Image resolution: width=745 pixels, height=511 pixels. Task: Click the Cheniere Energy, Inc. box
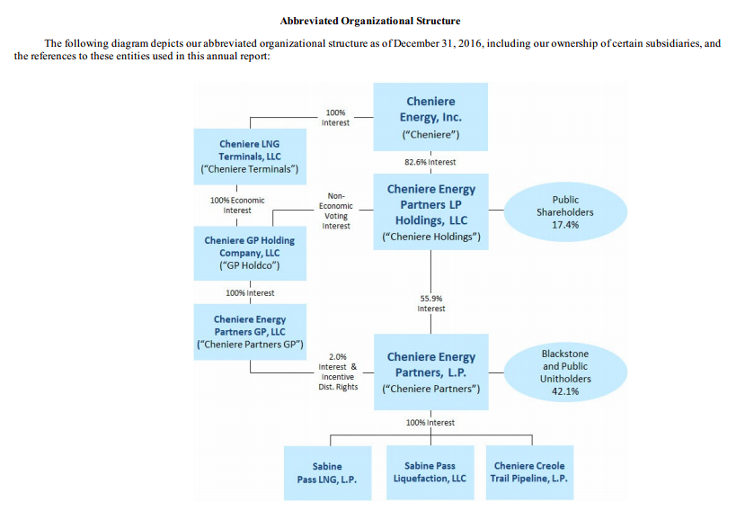tap(430, 117)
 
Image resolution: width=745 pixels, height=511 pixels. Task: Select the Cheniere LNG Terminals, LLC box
tap(250, 156)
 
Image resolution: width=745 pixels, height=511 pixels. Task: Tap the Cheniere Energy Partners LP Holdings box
tap(430, 212)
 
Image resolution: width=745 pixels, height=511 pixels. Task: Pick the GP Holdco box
tap(250, 253)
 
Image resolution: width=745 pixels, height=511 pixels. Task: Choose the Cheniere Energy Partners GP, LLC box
tap(250, 331)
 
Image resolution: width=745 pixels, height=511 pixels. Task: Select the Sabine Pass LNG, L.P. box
tap(327, 472)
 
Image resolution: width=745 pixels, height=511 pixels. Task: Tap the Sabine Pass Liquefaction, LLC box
tap(430, 472)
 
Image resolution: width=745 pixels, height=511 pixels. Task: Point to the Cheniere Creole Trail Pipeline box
tap(530, 472)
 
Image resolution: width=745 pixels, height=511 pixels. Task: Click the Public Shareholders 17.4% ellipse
tap(565, 212)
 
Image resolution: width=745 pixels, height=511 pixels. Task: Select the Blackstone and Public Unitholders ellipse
tap(565, 372)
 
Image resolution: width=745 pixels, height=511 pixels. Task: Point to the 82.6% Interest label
tap(430, 162)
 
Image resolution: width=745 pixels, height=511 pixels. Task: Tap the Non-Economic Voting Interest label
tap(336, 211)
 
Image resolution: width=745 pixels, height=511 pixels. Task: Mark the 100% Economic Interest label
tap(237, 205)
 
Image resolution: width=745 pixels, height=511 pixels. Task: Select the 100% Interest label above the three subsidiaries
tap(430, 422)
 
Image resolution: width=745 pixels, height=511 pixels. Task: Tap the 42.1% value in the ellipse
tap(564, 391)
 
